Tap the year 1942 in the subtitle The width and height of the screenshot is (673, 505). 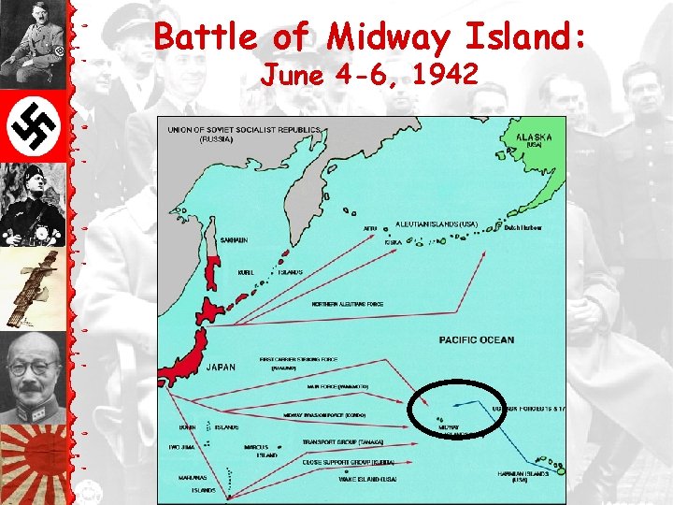pos(443,74)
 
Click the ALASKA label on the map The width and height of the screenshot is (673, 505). pos(534,137)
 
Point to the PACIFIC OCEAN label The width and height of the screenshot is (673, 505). pos(477,339)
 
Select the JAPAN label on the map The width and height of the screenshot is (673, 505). pos(221,367)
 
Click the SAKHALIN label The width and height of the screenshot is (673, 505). pos(234,240)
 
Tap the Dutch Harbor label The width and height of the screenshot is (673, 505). pos(523,227)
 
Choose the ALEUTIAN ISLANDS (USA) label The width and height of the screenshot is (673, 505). pos(437,224)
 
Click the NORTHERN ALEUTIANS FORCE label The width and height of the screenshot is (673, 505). pos(348,304)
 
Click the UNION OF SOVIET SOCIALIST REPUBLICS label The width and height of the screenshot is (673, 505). pos(245,130)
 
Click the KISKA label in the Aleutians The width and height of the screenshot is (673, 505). pos(394,241)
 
